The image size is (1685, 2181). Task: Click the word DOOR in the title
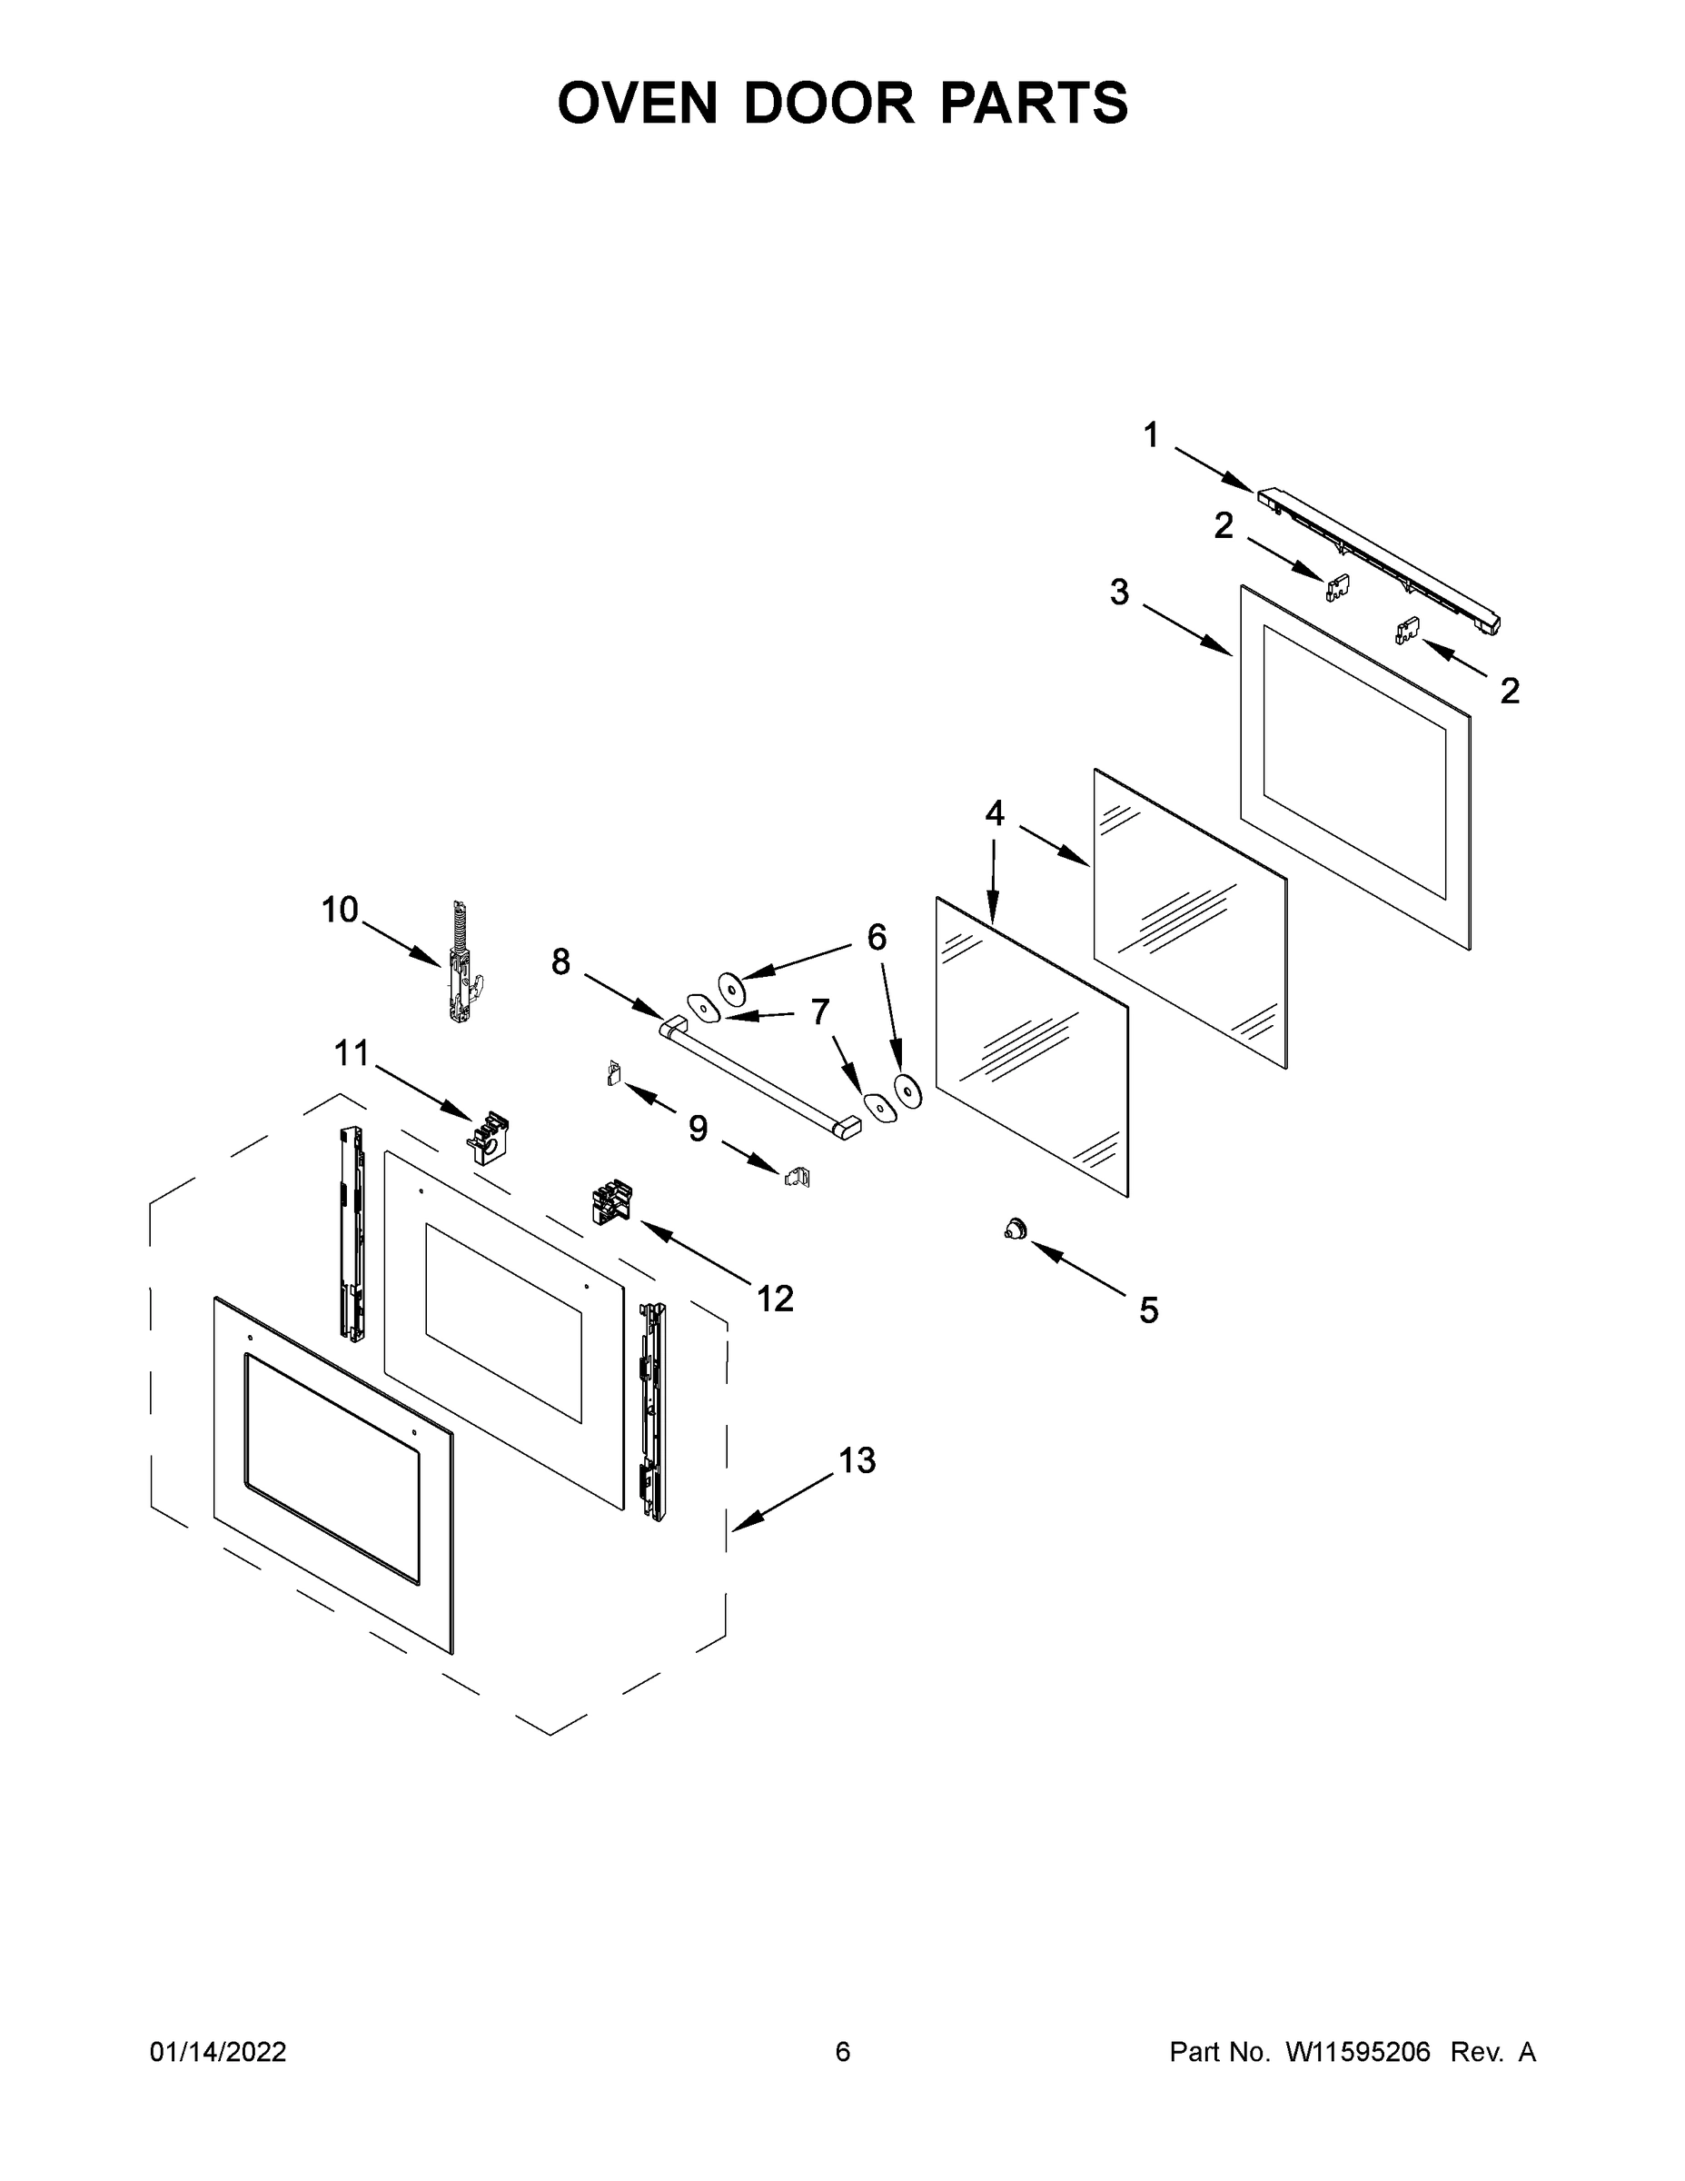point(828,103)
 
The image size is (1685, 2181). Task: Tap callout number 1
point(1151,435)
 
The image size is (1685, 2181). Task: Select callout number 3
point(1119,593)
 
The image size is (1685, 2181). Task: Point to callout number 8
point(561,962)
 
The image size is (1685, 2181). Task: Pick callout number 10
point(340,910)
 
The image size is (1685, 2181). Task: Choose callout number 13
point(857,1461)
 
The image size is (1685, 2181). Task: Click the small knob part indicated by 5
point(1016,1230)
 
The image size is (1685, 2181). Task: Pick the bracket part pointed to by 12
point(612,1201)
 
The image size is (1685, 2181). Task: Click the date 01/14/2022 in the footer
point(218,2051)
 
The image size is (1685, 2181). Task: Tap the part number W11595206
point(1358,2051)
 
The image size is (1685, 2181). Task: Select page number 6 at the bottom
point(843,2051)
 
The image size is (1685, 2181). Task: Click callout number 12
point(775,1300)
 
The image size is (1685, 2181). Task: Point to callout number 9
point(698,1130)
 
